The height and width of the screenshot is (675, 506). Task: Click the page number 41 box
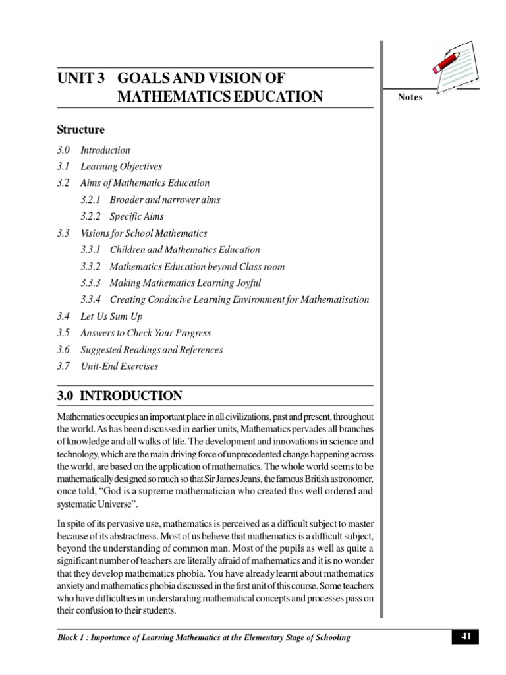(x=464, y=636)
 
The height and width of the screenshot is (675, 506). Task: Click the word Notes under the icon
(x=410, y=98)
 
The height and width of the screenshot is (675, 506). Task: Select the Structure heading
(x=80, y=130)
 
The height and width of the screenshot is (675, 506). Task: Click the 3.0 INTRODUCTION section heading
(x=119, y=396)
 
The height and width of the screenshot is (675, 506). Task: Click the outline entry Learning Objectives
(x=121, y=166)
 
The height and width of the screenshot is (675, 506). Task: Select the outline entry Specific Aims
(x=136, y=216)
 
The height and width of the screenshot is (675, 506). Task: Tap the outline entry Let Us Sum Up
(x=111, y=316)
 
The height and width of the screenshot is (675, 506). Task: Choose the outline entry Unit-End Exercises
(x=119, y=366)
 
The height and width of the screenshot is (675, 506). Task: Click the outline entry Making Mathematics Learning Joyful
(x=185, y=283)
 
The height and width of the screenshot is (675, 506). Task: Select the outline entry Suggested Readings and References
(x=152, y=349)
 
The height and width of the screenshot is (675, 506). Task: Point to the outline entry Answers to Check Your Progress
(x=146, y=333)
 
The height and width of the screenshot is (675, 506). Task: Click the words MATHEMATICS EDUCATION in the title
(x=220, y=97)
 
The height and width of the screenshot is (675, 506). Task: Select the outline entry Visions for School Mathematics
(x=144, y=233)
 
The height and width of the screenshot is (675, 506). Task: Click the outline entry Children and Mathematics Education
(x=184, y=249)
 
